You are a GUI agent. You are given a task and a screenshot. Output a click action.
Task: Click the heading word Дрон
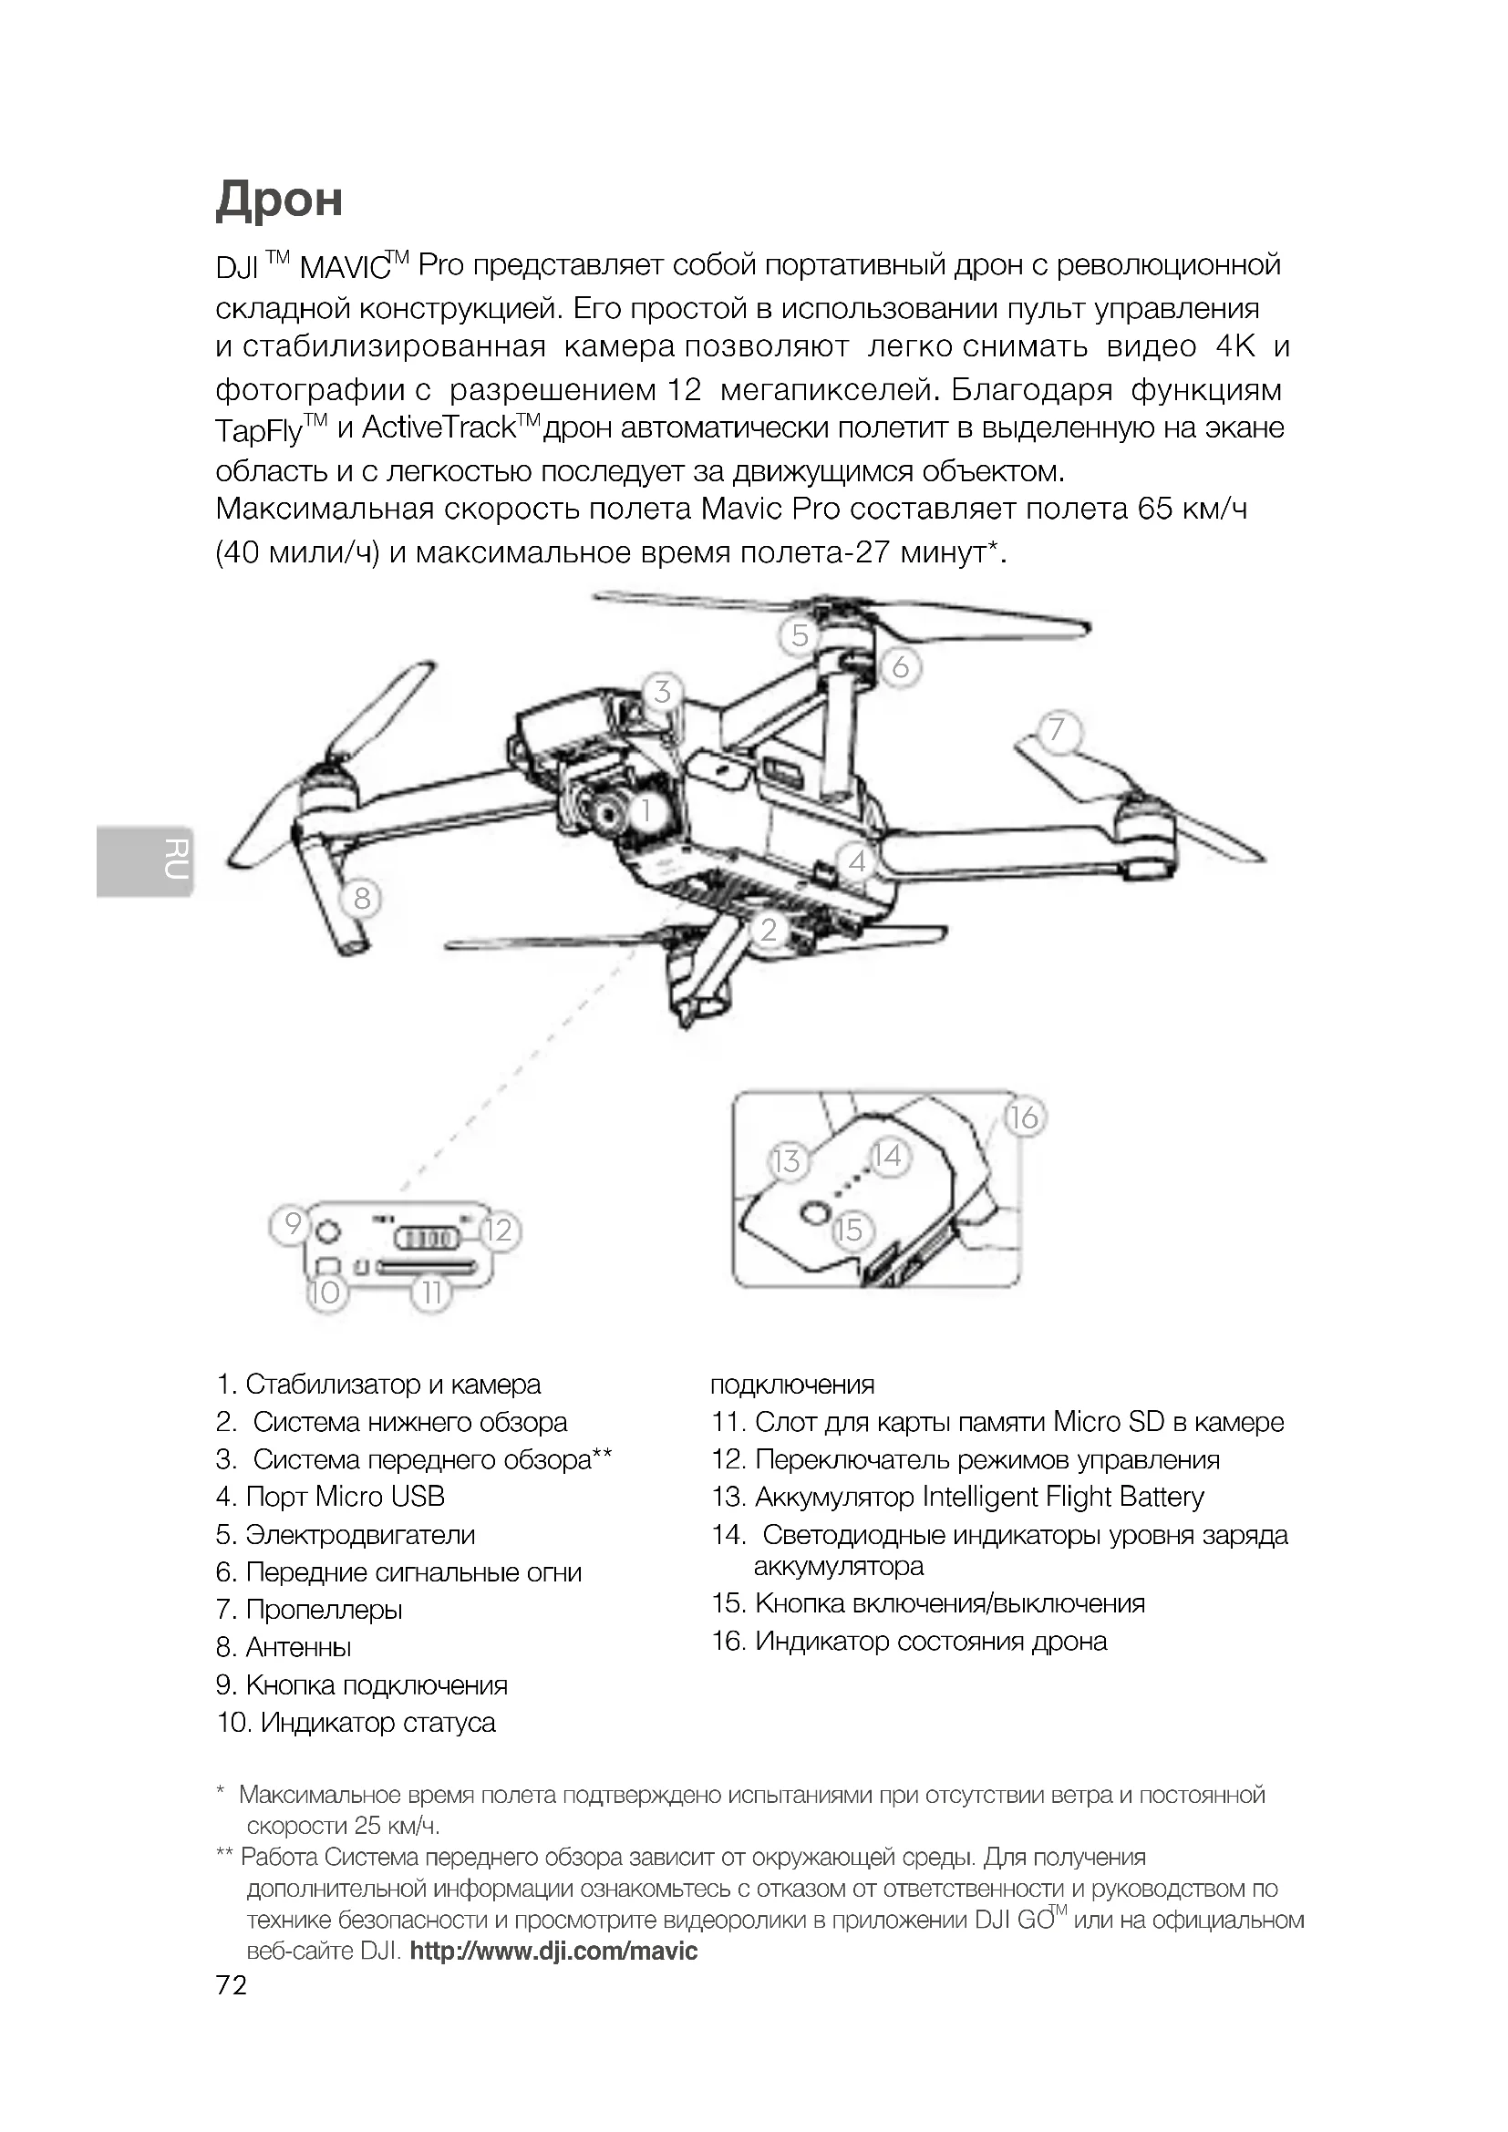coord(280,199)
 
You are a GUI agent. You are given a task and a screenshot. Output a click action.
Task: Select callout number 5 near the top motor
coord(800,636)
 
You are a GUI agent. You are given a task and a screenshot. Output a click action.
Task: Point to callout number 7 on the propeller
coord(1056,730)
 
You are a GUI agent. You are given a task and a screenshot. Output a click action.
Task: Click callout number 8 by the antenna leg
coord(361,898)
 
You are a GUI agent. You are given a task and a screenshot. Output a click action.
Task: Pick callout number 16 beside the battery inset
coord(1023,1117)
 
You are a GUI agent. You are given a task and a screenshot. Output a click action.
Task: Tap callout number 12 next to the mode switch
coord(499,1230)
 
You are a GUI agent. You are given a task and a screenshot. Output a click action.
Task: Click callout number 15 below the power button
coord(849,1231)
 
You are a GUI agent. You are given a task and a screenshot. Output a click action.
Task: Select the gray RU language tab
coord(145,860)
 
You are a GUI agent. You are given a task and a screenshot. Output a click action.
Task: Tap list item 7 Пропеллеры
coord(309,1608)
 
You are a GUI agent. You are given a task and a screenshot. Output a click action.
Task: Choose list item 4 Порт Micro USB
coord(331,1496)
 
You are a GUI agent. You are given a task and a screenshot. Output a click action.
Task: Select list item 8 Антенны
coord(284,1646)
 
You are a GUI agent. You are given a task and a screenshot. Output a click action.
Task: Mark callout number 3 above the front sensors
coord(662,691)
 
